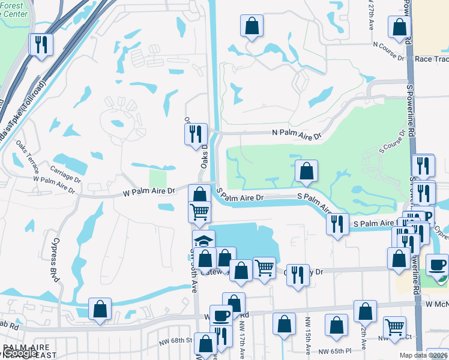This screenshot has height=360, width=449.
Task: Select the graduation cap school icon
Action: click(x=203, y=241)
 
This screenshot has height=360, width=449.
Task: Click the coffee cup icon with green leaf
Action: click(x=437, y=265)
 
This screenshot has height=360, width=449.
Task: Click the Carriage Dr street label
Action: click(x=66, y=173)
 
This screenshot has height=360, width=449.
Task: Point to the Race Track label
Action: click(x=432, y=59)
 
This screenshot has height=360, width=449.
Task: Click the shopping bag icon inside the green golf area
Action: click(x=306, y=172)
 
